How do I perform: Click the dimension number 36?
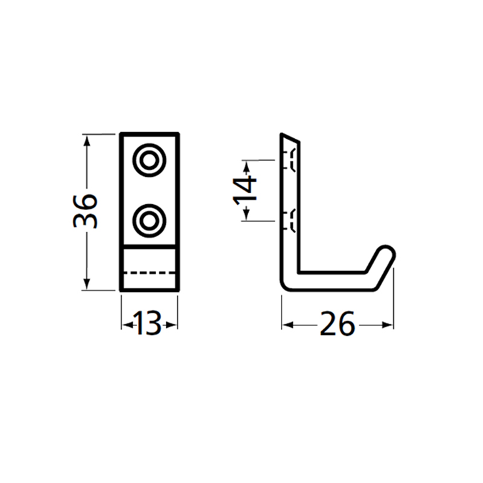click(x=85, y=211)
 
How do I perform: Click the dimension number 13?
click(x=147, y=323)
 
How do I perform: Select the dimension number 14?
click(x=245, y=190)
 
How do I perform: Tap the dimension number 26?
click(x=337, y=323)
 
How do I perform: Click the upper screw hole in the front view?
click(x=149, y=160)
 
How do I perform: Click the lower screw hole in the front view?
click(x=149, y=221)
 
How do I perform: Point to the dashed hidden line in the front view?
click(x=149, y=273)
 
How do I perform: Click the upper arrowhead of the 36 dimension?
click(x=87, y=141)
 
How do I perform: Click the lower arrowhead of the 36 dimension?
click(x=87, y=284)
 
